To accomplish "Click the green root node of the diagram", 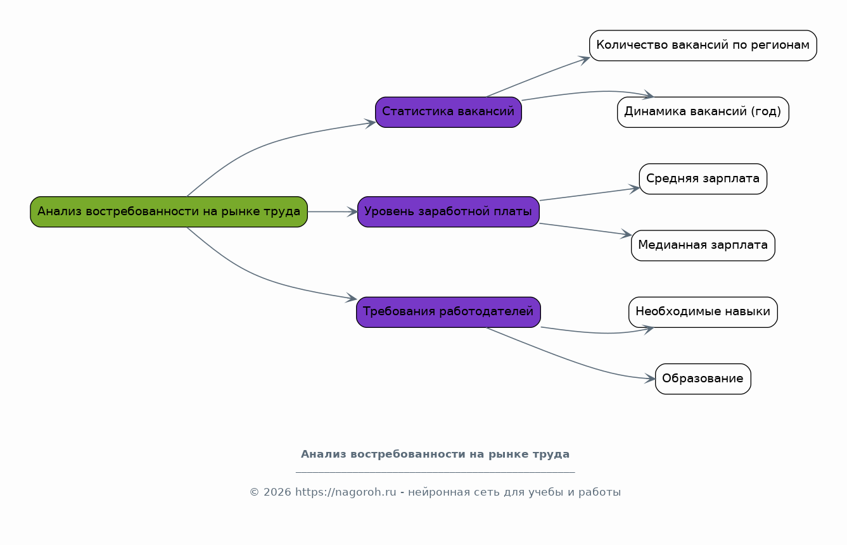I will point(169,211).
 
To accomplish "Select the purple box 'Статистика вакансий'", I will point(449,112).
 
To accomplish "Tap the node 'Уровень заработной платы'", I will point(449,211).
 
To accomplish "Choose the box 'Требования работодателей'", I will point(449,311).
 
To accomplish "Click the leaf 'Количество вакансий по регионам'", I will point(703,46).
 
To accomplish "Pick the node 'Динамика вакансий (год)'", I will point(703,112).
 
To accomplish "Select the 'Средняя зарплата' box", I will point(703,179).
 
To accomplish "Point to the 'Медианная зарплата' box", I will point(703,245).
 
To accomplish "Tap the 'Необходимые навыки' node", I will point(703,311).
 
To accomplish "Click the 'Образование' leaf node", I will point(703,379).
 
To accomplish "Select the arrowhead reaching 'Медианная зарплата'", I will point(627,235).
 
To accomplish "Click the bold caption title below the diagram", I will point(435,454).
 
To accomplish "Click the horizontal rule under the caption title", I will point(435,472).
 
